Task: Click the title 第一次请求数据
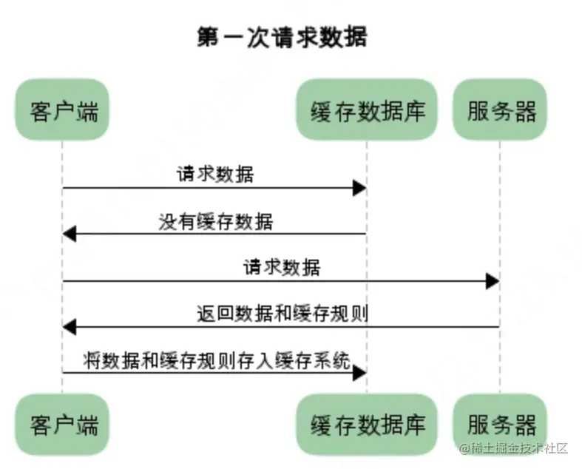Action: (282, 36)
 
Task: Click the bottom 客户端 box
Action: (63, 425)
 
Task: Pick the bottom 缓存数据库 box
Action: (367, 425)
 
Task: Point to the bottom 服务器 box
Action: (501, 425)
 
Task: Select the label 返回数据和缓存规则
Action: (283, 313)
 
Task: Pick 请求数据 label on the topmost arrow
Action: (215, 175)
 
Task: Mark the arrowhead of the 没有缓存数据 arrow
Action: (70, 234)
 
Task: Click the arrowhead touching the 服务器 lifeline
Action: (493, 280)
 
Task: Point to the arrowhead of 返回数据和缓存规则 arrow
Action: (70, 326)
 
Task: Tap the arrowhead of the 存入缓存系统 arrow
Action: (359, 373)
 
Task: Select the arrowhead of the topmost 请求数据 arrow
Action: (359, 188)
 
